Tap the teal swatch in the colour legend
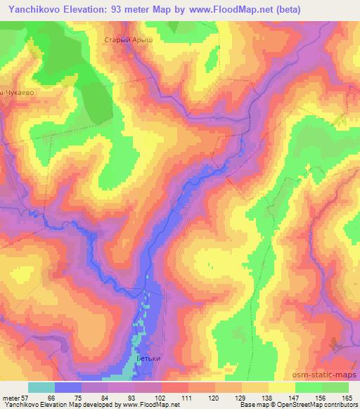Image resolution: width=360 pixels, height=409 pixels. (41, 387)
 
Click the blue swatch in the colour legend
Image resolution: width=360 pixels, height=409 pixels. (68, 387)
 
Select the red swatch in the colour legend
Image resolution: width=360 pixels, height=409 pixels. (175, 387)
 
